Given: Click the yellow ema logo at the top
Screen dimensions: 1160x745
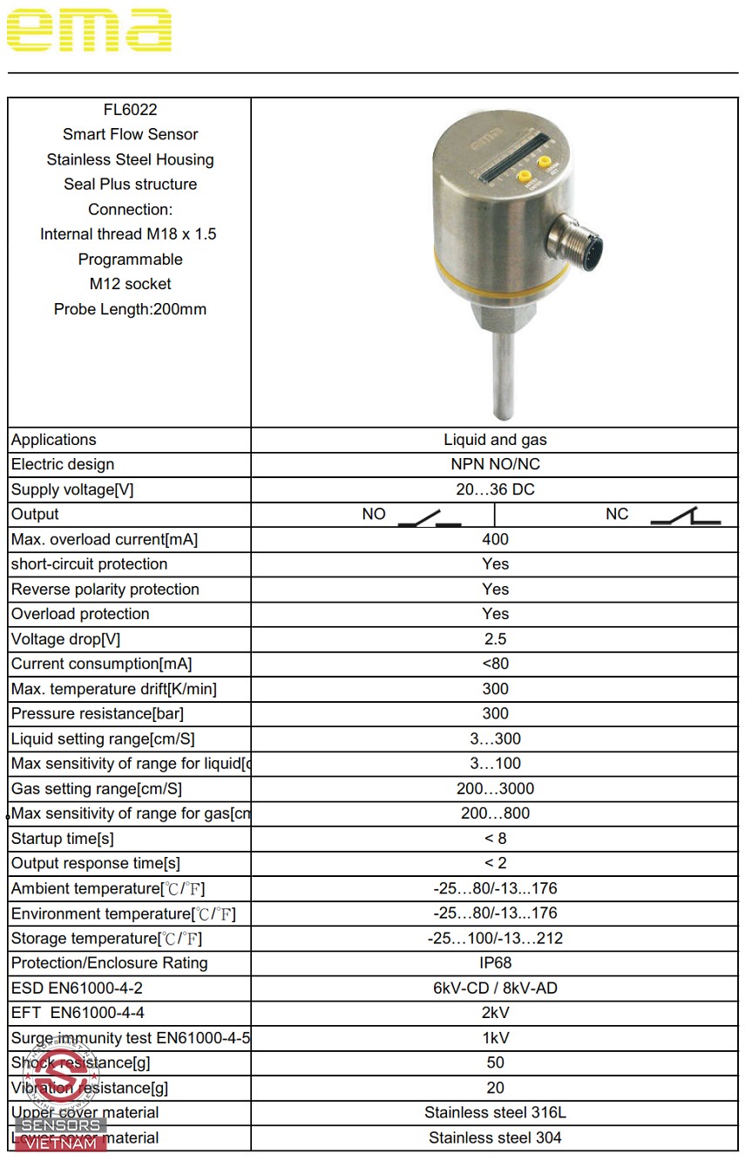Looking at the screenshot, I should pyautogui.click(x=89, y=30).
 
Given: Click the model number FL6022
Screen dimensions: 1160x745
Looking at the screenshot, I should pyautogui.click(x=130, y=110).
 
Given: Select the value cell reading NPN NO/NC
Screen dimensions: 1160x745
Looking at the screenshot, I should pyautogui.click(x=495, y=465).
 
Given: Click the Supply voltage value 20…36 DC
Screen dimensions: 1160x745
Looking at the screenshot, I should pyautogui.click(x=495, y=489).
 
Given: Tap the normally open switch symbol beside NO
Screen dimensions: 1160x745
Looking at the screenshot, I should pyautogui.click(x=430, y=518).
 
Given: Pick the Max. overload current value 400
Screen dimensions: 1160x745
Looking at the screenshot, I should pyautogui.click(x=495, y=540).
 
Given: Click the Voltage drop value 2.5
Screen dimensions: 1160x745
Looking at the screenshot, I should pyautogui.click(x=495, y=639).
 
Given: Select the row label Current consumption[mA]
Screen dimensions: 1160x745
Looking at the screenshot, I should pyautogui.click(x=101, y=664).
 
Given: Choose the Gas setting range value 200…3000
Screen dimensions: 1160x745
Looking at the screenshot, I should pyautogui.click(x=495, y=789).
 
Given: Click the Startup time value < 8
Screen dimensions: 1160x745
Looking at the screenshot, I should pyautogui.click(x=495, y=839).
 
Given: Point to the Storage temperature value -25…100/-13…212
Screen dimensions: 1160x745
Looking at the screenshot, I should pyautogui.click(x=495, y=939).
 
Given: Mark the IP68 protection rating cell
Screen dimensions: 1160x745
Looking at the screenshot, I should pyautogui.click(x=495, y=963).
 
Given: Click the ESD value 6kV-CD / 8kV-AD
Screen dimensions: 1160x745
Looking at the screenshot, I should pyautogui.click(x=495, y=988).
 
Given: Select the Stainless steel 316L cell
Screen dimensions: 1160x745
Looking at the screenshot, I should pyautogui.click(x=495, y=1113).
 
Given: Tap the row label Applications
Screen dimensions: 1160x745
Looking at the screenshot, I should pyautogui.click(x=54, y=441).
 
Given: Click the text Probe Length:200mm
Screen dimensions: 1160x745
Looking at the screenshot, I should pyautogui.click(x=130, y=309).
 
